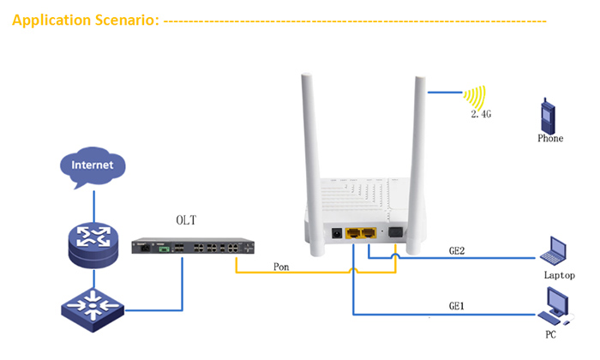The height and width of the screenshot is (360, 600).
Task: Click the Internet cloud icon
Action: pyautogui.click(x=93, y=166)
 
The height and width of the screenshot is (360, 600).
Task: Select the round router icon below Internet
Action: pyautogui.click(x=93, y=244)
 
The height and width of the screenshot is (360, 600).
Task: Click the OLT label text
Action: pyautogui.click(x=186, y=220)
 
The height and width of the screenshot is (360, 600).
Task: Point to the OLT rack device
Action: pyautogui.click(x=193, y=246)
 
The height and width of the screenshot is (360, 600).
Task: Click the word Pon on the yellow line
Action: pyautogui.click(x=281, y=267)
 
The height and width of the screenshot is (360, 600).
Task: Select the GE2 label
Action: pyautogui.click(x=457, y=250)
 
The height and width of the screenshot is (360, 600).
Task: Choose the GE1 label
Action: pyautogui.click(x=457, y=306)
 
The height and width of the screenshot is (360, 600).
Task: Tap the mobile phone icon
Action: pyautogui.click(x=548, y=116)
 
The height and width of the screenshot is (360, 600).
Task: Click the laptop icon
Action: pyautogui.click(x=553, y=250)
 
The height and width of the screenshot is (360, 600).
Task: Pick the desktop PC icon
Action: pyautogui.click(x=555, y=306)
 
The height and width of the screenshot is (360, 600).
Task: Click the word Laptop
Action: pyautogui.click(x=559, y=275)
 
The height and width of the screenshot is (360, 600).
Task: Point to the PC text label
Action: pyautogui.click(x=550, y=334)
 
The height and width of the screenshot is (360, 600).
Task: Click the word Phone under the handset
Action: pyautogui.click(x=550, y=138)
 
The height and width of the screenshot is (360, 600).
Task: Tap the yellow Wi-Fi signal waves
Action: pyautogui.click(x=476, y=97)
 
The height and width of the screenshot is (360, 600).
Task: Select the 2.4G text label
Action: pyautogui.click(x=481, y=114)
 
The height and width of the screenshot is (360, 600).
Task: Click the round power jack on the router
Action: pyautogui.click(x=337, y=233)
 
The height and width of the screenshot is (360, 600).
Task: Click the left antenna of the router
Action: pyautogui.click(x=314, y=165)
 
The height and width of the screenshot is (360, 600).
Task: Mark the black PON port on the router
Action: pyautogui.click(x=395, y=232)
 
